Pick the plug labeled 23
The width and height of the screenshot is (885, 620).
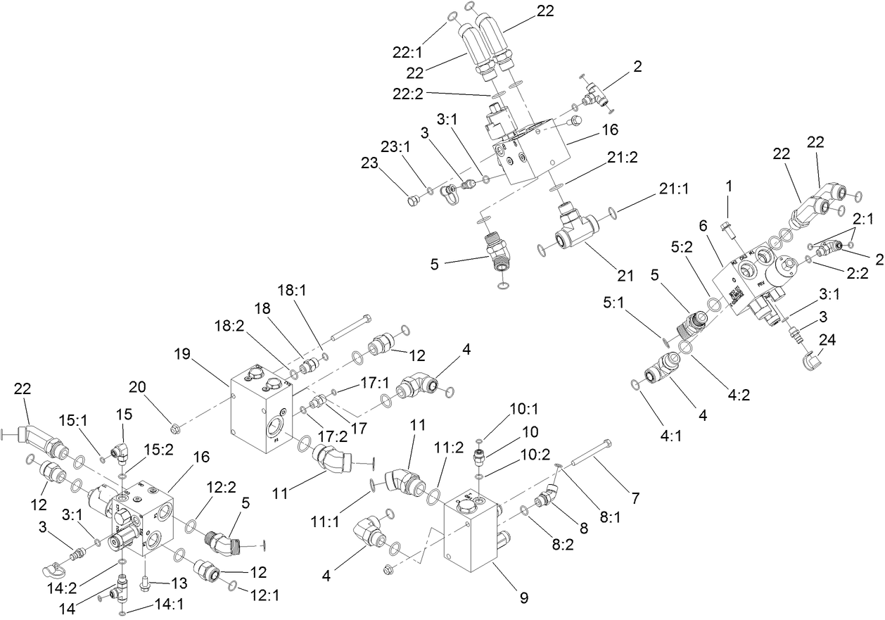pyautogui.click(x=413, y=203)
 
